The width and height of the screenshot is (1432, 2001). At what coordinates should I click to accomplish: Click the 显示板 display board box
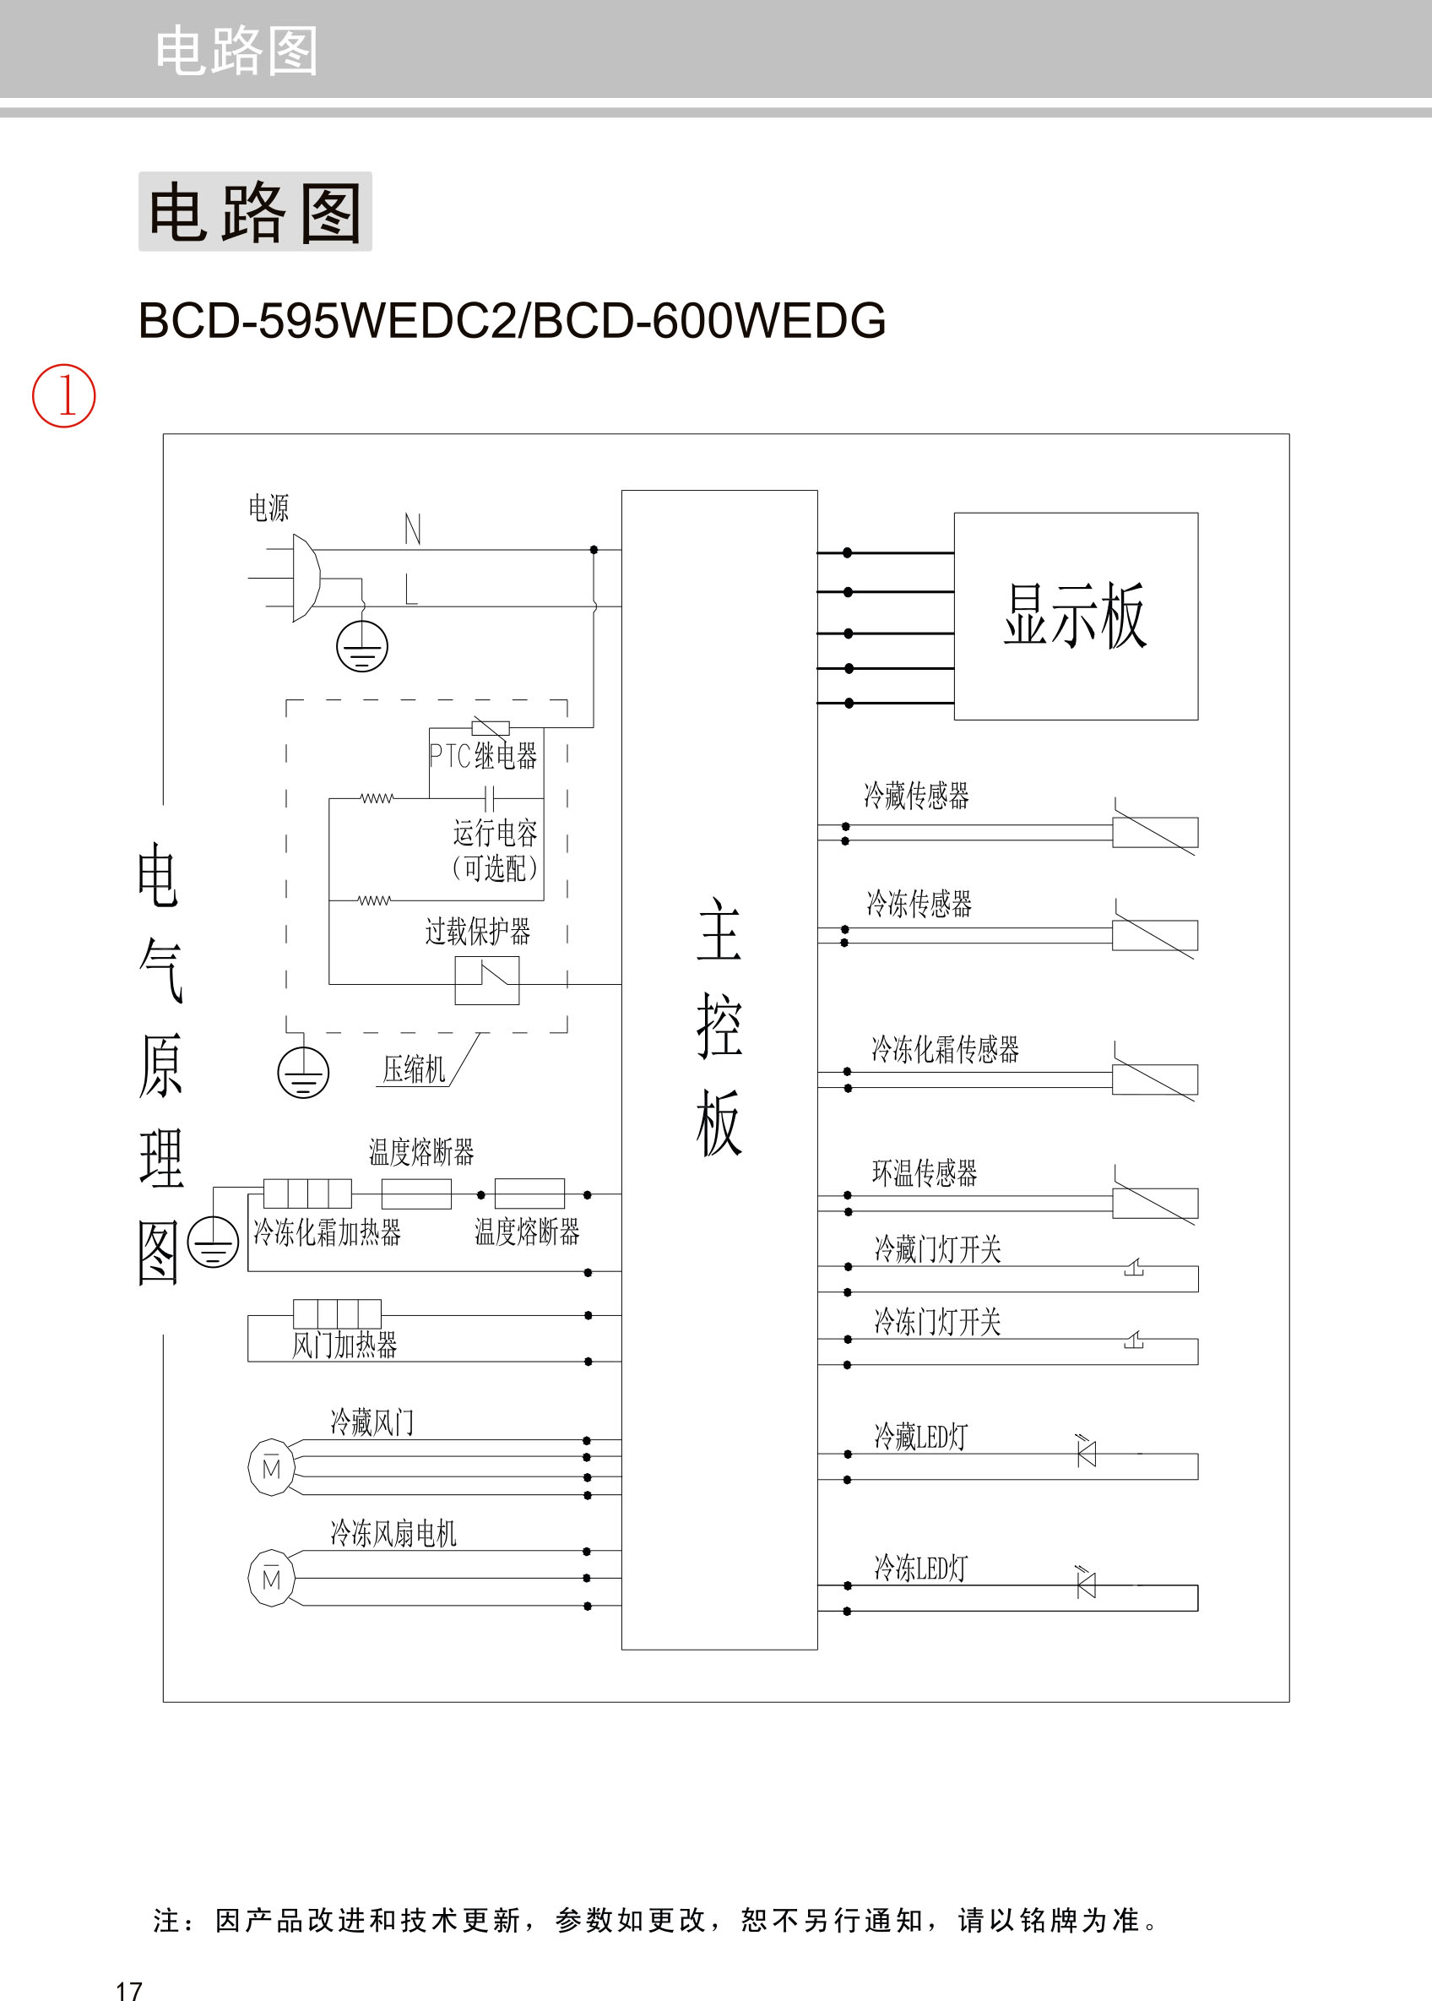tap(1075, 616)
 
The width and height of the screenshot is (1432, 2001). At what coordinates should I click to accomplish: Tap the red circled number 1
tap(63, 396)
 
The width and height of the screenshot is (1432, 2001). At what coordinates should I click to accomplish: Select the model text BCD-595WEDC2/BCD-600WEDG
tap(512, 320)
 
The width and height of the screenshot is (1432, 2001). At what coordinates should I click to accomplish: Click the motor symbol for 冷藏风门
tap(271, 1467)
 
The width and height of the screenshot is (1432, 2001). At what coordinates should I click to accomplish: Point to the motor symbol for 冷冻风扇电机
tap(271, 1579)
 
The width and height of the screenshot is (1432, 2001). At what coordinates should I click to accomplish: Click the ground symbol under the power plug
tap(361, 645)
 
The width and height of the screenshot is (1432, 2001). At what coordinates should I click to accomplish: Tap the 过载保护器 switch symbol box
tap(486, 981)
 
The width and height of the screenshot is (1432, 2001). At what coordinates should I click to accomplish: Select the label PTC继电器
tap(482, 756)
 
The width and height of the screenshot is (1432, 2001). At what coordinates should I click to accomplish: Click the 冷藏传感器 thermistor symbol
tap(1154, 832)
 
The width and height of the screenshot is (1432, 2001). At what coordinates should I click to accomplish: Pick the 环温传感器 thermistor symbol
tap(1154, 1203)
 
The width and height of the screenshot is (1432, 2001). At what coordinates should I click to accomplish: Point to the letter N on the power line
tap(412, 529)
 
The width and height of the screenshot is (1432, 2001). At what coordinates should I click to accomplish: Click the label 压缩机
tap(414, 1069)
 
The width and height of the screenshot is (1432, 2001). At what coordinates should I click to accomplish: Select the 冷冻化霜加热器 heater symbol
tap(306, 1194)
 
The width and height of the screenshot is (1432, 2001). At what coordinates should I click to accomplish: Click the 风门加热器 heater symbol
tap(337, 1313)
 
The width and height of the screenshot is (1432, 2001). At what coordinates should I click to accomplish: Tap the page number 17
tap(128, 1990)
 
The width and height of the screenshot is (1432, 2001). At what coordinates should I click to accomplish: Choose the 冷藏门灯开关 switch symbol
tap(1134, 1268)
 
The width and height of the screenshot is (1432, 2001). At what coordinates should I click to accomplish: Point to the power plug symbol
tap(304, 578)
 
